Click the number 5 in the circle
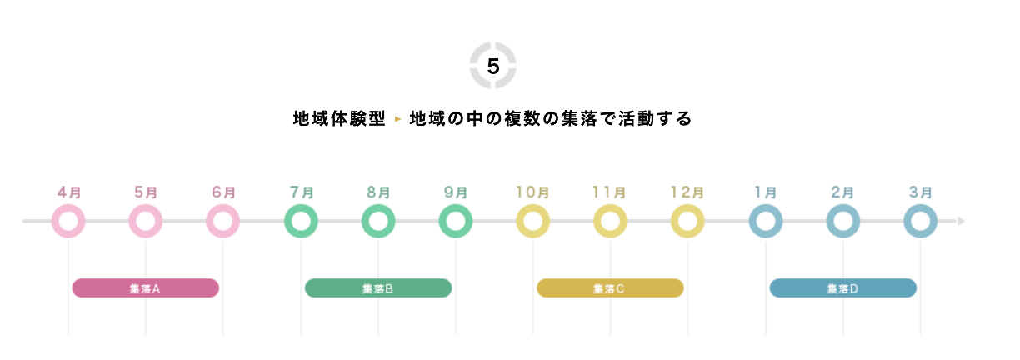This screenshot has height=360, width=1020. (493, 67)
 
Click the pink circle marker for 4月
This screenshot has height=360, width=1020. (68, 222)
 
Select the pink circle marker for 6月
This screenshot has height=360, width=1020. (223, 222)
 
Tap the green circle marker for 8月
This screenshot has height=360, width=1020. (378, 222)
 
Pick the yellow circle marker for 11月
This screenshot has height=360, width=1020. (611, 222)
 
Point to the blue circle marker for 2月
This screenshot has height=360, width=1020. (843, 222)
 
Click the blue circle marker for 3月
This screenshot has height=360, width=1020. (921, 222)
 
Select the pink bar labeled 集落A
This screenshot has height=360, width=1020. (146, 288)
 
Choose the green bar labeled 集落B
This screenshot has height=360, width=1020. (378, 288)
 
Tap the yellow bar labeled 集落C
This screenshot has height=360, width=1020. (610, 288)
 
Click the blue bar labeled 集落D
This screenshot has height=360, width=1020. (842, 288)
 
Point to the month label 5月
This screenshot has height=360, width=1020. (146, 192)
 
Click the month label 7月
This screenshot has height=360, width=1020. (301, 192)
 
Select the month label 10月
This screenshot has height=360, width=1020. (532, 192)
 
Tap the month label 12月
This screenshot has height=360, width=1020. (687, 192)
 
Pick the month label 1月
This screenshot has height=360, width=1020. (766, 192)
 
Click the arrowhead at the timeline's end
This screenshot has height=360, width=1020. (961, 222)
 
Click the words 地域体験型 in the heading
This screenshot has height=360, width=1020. (339, 119)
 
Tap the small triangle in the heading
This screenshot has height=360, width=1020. (397, 120)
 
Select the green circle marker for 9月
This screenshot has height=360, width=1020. (456, 222)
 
